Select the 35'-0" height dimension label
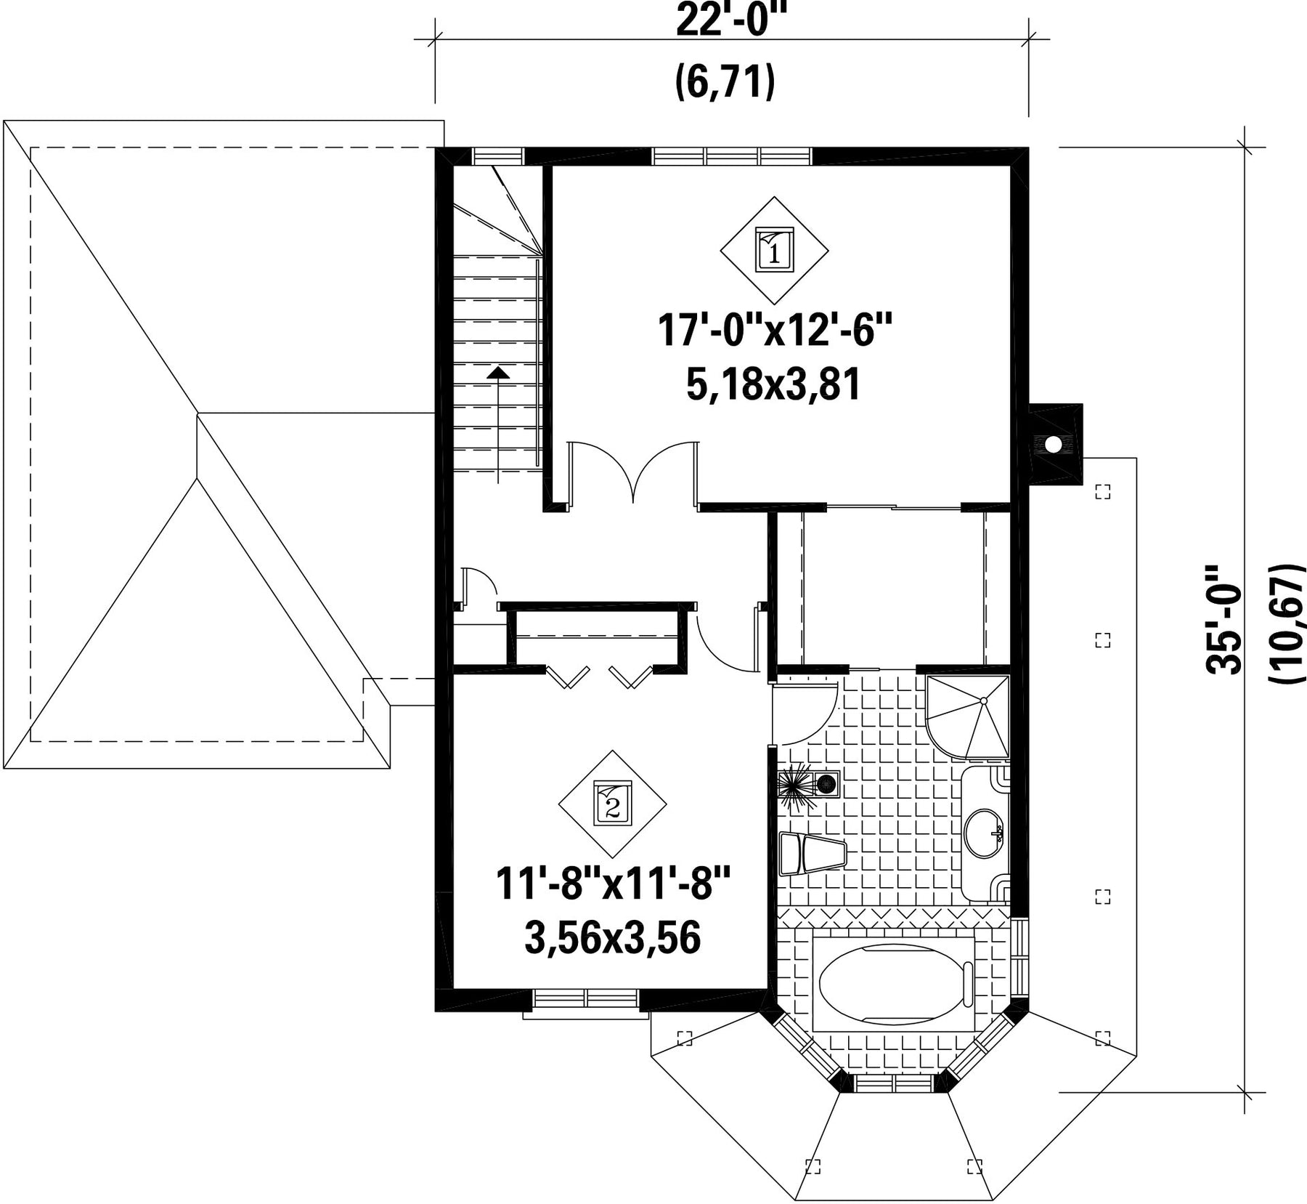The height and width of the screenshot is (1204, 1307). click(x=1224, y=621)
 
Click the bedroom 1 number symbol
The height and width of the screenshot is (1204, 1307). click(x=775, y=250)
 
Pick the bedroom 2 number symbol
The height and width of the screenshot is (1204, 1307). click(x=612, y=804)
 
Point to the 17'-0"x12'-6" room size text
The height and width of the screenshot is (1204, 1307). click(x=774, y=331)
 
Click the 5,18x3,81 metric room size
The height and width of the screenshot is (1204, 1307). click(x=774, y=384)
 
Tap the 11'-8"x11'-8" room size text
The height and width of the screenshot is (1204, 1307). click(x=612, y=884)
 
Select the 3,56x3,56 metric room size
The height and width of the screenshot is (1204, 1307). click(x=612, y=937)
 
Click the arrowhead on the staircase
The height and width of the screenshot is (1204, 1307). click(x=497, y=372)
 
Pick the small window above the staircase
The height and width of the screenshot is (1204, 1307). click(x=497, y=156)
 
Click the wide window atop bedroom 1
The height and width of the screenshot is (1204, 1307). click(x=732, y=156)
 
